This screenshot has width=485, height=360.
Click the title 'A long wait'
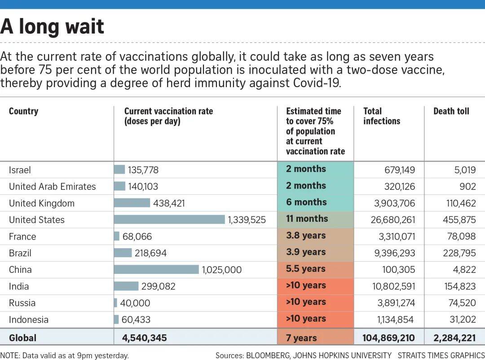[52, 26]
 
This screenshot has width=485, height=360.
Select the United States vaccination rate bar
[169, 220]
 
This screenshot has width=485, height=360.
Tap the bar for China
[156, 269]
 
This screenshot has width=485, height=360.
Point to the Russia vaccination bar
[115, 303]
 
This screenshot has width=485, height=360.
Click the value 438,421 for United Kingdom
[169, 203]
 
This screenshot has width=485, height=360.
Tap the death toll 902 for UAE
[467, 187]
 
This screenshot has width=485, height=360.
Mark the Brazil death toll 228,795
[459, 253]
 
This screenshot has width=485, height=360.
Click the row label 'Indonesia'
[29, 320]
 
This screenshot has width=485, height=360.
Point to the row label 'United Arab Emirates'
[53, 187]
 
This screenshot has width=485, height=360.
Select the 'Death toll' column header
[451, 111]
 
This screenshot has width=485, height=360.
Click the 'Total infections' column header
[381, 116]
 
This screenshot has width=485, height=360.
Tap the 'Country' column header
[23, 111]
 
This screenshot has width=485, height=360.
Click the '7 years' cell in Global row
[301, 338]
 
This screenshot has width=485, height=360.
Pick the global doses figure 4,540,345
[144, 338]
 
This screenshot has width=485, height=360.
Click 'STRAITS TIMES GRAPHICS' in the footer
[441, 356]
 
